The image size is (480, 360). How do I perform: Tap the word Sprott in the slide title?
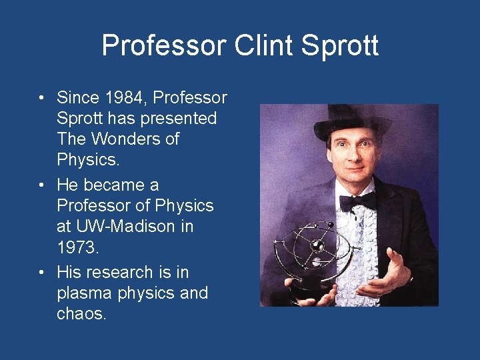tap(341, 45)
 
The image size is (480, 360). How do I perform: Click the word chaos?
tap(81, 314)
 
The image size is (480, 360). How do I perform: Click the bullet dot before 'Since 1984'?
tap(41, 98)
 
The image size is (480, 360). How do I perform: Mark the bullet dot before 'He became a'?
tap(41, 185)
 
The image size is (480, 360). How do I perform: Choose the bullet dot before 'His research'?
tap(41, 272)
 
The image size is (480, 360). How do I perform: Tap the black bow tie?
tap(357, 201)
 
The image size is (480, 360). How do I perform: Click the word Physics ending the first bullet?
tap(85, 160)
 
